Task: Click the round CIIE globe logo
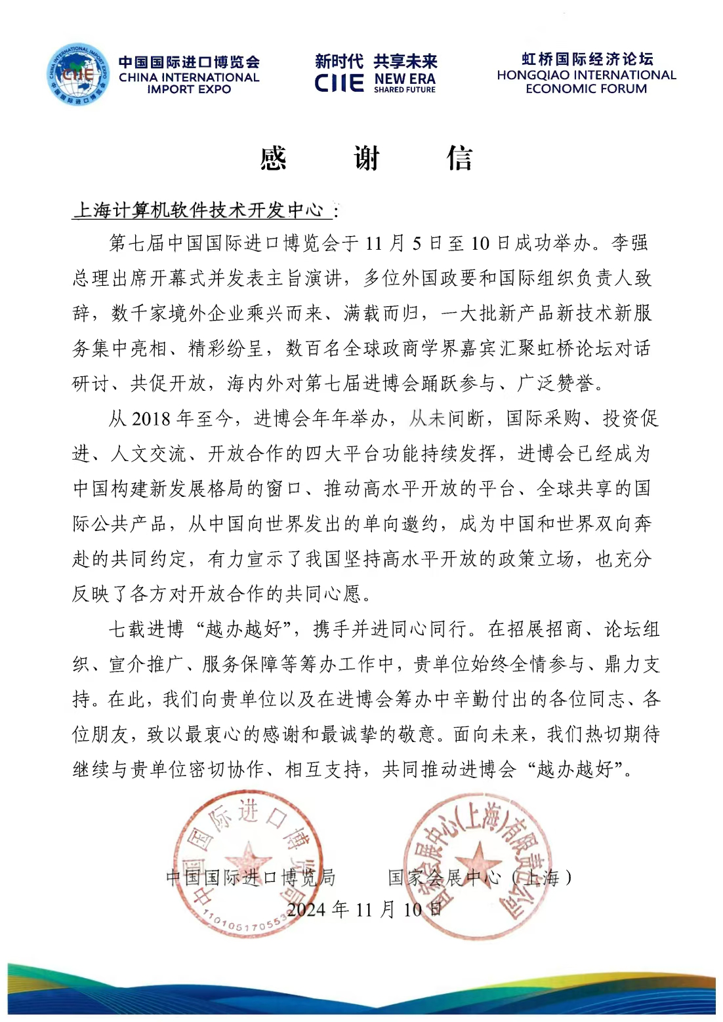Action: (x=78, y=75)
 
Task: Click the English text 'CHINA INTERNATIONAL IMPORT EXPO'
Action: (x=189, y=83)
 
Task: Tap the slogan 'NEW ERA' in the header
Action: (x=405, y=79)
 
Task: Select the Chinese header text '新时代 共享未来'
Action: (x=376, y=62)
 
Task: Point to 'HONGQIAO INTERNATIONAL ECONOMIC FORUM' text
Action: (x=586, y=82)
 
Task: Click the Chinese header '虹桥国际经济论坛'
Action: (x=587, y=59)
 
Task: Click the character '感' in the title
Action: (x=274, y=159)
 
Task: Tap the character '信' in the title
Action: (x=459, y=159)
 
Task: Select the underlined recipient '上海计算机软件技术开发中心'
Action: (x=199, y=210)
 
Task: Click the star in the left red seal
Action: (x=248, y=857)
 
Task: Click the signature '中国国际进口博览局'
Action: (x=251, y=877)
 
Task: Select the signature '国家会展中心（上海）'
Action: (x=480, y=877)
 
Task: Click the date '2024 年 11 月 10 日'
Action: (x=364, y=909)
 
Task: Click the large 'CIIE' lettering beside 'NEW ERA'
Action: (x=339, y=83)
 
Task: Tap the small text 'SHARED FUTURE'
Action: (x=405, y=90)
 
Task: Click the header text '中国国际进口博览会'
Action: (x=189, y=62)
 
